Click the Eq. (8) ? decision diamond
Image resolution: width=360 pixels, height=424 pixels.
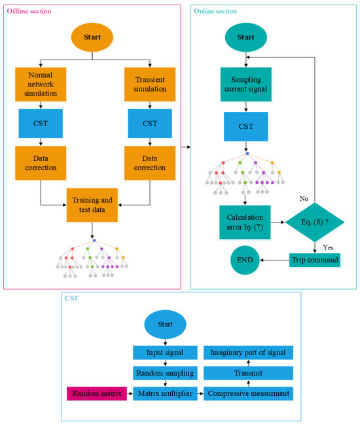315,223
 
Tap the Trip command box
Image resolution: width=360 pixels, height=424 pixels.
314,260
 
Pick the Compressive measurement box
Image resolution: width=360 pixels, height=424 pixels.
248,393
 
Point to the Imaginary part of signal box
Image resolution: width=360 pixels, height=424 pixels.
248,352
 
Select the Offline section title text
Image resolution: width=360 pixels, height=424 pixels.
27,12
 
